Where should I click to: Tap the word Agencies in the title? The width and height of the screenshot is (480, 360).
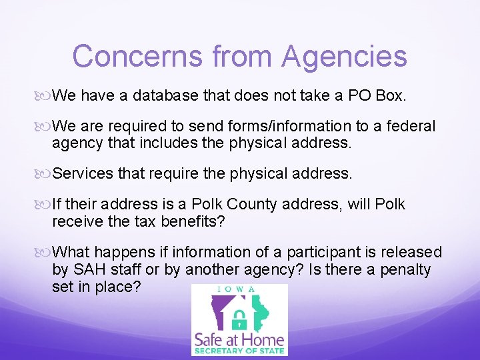click(344, 56)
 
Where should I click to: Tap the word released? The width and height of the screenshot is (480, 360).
click(413, 252)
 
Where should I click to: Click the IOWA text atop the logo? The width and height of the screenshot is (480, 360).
click(239, 290)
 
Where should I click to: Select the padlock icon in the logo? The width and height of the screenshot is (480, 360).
click(239, 317)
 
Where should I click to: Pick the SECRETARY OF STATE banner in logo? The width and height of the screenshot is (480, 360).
click(239, 351)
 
